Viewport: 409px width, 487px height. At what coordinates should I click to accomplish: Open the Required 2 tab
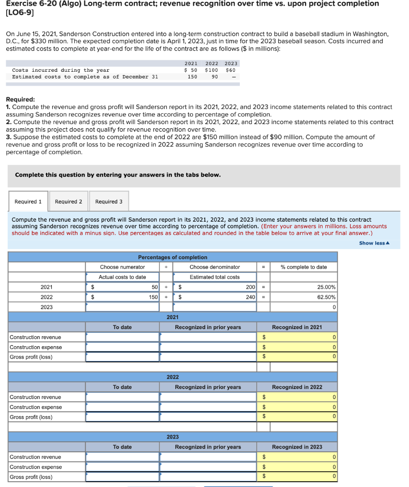pos(68,202)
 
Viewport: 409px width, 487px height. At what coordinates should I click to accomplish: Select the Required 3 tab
pos(109,202)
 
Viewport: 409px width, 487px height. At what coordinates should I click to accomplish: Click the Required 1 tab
pos(28,202)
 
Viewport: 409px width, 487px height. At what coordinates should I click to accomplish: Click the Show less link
pos(374,243)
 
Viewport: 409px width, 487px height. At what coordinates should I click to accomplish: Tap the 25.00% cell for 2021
pos(304,287)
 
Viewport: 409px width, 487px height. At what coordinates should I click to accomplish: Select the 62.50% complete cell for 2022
pos(304,297)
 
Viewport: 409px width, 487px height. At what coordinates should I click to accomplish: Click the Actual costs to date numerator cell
pos(122,277)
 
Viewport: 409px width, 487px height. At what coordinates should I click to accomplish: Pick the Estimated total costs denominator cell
pos(215,277)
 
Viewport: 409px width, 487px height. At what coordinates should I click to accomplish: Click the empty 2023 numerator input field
pos(122,307)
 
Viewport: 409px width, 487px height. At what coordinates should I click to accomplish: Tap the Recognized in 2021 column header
pos(304,327)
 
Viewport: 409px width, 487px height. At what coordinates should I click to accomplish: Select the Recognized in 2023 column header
pos(304,447)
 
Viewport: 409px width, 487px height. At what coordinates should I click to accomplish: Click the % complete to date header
pos(304,267)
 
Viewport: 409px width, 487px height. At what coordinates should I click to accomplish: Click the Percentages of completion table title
pos(172,257)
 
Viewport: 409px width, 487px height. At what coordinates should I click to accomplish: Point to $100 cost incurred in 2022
pos(211,70)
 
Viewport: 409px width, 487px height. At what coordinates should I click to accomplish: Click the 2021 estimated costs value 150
pos(192,77)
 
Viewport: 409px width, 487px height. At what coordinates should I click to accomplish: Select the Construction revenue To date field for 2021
pos(122,337)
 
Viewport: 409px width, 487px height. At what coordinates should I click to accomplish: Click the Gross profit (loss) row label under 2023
pos(31,477)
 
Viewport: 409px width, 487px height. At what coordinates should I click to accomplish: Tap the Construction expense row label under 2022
pos(36,407)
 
